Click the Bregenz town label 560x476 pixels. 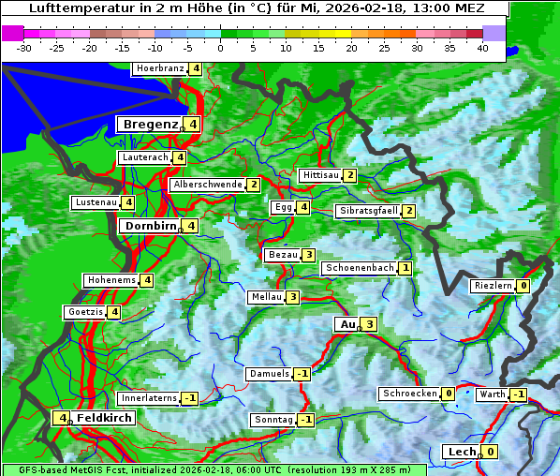(x=149, y=124)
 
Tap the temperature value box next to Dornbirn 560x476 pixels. (x=191, y=226)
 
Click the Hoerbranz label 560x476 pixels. (x=158, y=68)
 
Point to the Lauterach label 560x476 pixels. (x=145, y=157)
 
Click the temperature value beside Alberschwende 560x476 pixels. (x=253, y=185)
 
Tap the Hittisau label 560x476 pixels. (x=320, y=175)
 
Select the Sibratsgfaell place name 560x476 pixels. (x=368, y=211)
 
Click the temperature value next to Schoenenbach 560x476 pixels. (x=405, y=268)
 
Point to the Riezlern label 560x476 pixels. (x=493, y=286)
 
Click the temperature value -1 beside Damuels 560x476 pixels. (x=302, y=374)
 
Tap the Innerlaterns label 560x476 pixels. (x=149, y=398)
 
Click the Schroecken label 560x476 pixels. (x=409, y=394)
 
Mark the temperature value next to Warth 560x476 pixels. (x=518, y=394)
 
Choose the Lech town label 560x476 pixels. (x=462, y=452)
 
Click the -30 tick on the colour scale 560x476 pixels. (x=24, y=47)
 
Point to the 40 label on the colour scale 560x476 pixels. (x=482, y=47)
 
